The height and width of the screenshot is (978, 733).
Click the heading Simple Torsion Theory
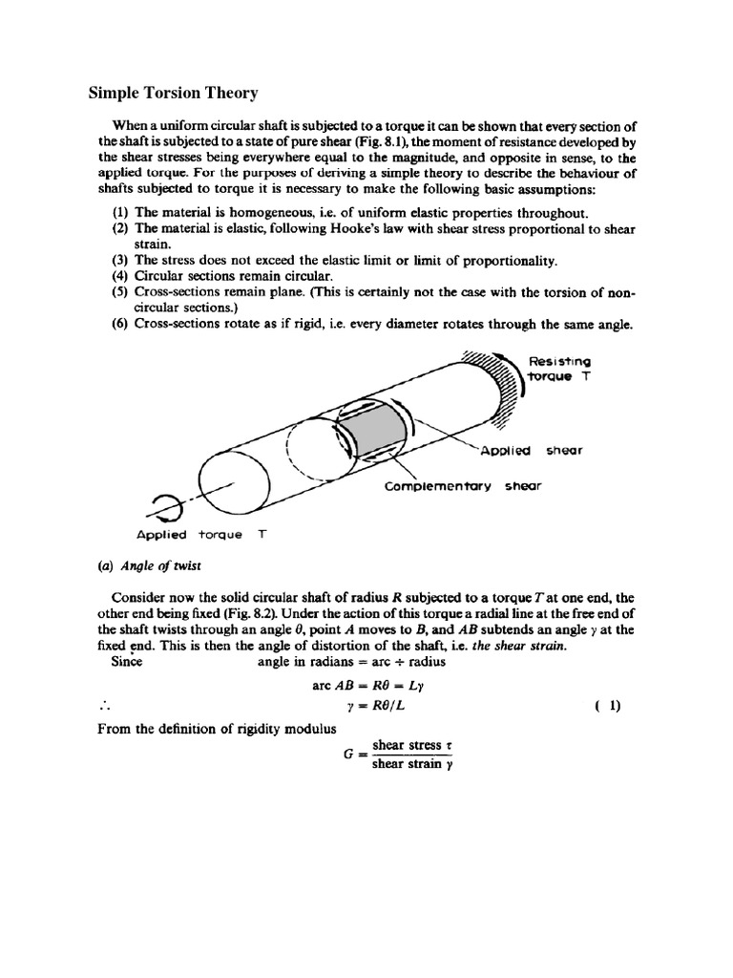(173, 93)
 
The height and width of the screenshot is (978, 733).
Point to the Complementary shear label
(462, 485)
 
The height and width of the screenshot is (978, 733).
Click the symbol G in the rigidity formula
(349, 754)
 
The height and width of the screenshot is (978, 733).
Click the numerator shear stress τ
(406, 744)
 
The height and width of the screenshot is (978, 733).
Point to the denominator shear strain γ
(407, 763)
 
